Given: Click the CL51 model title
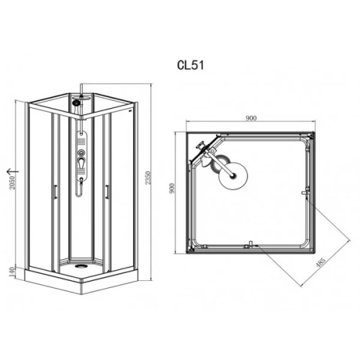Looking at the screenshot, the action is coord(191,65).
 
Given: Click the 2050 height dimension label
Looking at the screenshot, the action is coord(12,183).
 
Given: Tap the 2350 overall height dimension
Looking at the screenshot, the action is coord(148,178).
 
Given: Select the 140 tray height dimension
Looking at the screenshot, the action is coord(12,272).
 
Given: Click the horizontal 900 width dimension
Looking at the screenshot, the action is coord(251,118).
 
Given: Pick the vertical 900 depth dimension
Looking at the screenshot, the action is coord(172,189).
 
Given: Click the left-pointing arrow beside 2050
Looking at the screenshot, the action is coord(12,171).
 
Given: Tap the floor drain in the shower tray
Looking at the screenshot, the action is coord(80,266).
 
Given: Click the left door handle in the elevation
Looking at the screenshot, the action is coord(55,192).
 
